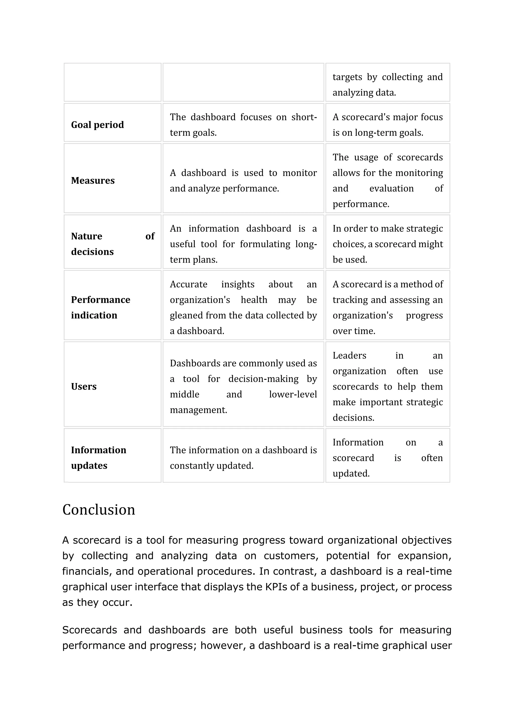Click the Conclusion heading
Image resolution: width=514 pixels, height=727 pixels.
[x=99, y=510]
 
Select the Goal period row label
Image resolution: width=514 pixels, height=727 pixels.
[x=97, y=125]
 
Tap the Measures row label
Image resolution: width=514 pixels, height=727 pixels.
[x=93, y=180]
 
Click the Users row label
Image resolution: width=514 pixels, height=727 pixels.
[x=84, y=386]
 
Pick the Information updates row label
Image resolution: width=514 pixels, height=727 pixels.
[x=98, y=458]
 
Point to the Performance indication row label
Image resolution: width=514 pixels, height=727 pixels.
[x=100, y=307]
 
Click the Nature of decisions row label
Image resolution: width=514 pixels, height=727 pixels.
[x=112, y=244]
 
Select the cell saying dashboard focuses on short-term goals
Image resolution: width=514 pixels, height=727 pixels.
[x=243, y=125]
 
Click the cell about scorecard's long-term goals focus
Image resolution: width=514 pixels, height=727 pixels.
[x=388, y=125]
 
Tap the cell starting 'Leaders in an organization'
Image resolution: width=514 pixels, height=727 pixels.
[x=388, y=386]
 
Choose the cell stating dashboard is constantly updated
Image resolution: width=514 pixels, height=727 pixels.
[x=243, y=458]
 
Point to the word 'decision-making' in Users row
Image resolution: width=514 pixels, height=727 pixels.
[x=263, y=379]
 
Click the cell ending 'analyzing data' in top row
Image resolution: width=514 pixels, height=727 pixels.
[x=388, y=85]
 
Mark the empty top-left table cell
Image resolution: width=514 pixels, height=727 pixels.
[x=112, y=82]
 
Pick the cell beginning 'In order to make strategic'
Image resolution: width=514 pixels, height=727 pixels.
[x=388, y=244]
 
